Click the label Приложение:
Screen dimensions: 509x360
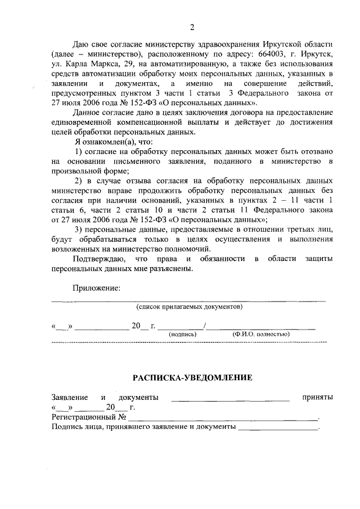pos(96,289)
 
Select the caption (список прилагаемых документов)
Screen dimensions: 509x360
pos(190,307)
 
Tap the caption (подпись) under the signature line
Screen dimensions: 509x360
pos(182,334)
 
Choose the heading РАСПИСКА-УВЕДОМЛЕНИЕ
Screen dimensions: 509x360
pos(192,377)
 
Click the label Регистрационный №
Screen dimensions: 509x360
pos(88,417)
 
